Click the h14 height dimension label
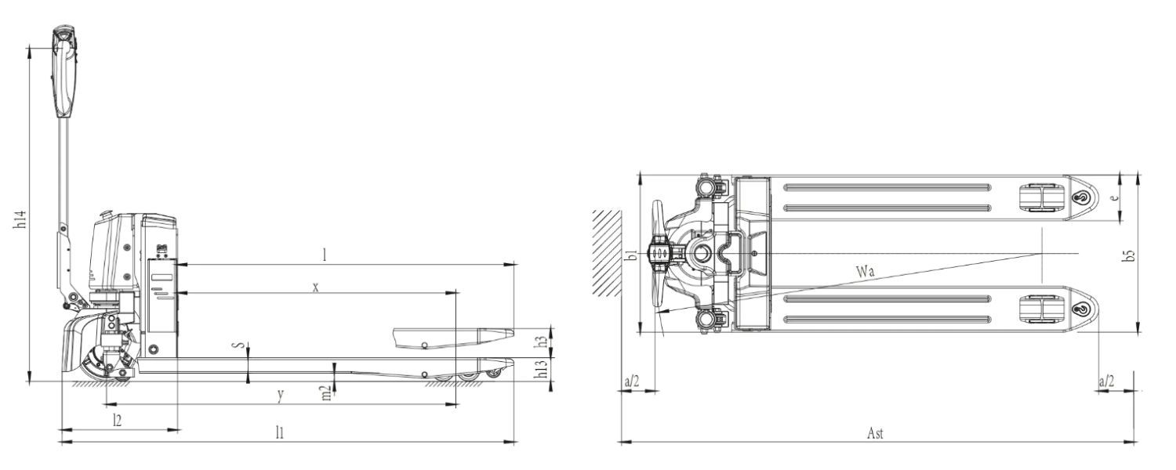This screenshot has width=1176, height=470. click(20, 219)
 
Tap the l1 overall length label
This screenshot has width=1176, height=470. click(280, 432)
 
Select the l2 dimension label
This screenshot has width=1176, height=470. click(118, 420)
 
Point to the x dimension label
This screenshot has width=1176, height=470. click(315, 287)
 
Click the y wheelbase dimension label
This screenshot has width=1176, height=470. click(281, 395)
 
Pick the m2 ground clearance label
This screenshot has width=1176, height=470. click(327, 393)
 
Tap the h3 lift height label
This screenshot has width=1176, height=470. click(540, 342)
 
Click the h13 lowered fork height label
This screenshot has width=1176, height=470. click(541, 369)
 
